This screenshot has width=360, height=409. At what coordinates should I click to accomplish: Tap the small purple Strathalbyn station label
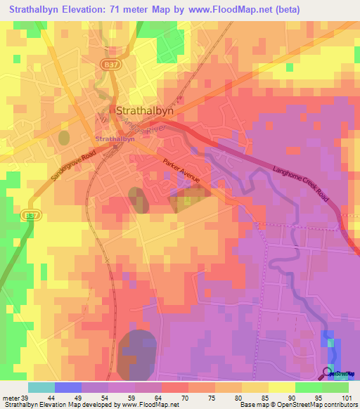115,139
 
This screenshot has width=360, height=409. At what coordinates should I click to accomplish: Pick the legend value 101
344,397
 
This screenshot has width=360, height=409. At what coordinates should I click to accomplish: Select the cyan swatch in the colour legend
41,387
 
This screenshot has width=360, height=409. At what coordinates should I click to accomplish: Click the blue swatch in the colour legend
67,387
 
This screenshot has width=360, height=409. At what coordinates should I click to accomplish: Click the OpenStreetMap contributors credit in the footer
309,405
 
